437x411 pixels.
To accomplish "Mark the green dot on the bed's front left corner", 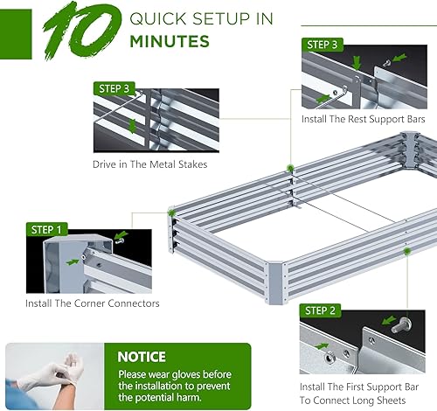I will click(x=172, y=212).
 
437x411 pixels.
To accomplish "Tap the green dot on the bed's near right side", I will click(x=406, y=250).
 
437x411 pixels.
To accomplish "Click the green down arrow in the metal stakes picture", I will click(x=133, y=125).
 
